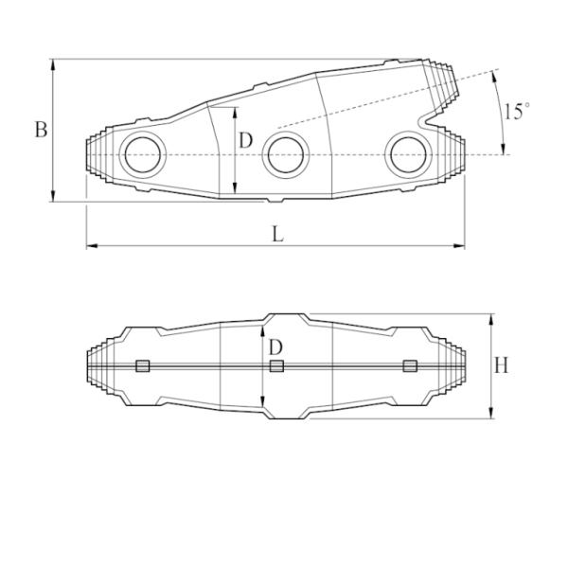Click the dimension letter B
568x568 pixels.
tap(41, 130)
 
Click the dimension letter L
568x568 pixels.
tap(277, 234)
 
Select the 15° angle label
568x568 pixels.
tap(517, 111)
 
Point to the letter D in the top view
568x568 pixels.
tap(245, 140)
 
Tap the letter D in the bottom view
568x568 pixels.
tap(275, 347)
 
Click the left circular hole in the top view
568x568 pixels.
tap(143, 154)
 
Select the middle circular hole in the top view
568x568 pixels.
tap(286, 154)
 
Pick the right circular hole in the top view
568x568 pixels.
tap(408, 154)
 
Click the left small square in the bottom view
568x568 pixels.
tap(143, 365)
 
